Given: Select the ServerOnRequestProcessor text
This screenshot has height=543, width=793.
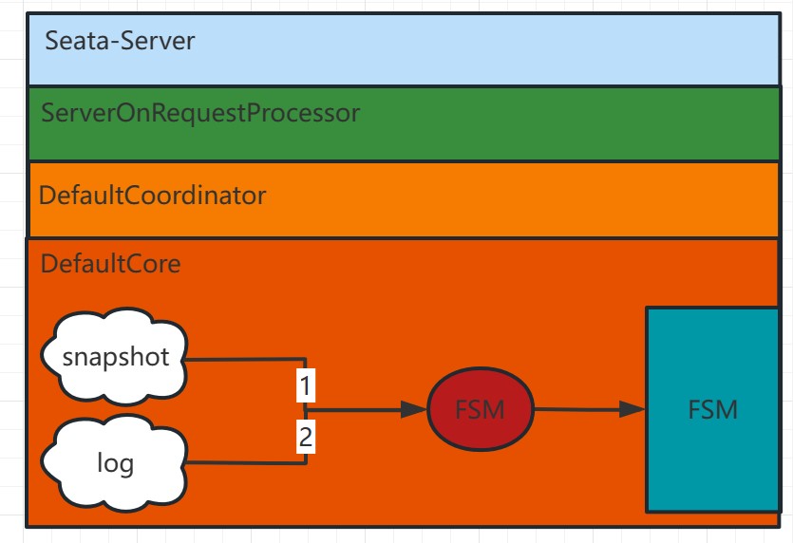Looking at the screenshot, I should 200,113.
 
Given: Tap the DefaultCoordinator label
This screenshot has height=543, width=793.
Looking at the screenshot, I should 152,196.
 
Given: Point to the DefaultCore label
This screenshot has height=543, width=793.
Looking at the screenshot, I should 110,263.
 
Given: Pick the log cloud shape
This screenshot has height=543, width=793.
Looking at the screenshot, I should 115,463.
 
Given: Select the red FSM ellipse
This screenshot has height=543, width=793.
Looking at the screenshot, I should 479,410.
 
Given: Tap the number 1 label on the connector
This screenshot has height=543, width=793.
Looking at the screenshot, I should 306,386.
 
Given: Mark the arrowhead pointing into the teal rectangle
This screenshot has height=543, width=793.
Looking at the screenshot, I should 633,409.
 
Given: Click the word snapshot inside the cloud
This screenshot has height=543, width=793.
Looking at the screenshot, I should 116,357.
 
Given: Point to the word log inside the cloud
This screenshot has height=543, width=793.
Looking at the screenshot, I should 115,464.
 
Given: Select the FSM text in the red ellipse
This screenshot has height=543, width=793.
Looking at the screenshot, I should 479,410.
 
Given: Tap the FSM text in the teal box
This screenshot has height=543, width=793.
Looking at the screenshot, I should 712,410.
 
